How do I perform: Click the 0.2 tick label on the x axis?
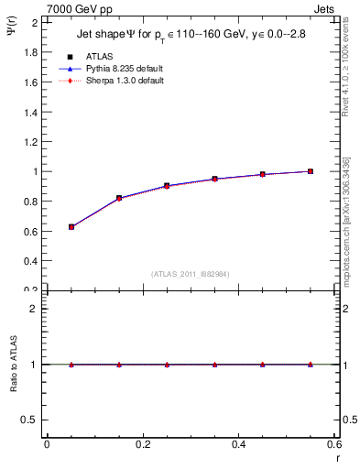point(143,444)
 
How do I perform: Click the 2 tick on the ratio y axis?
point(36,309)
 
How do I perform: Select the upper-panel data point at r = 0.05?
point(71,226)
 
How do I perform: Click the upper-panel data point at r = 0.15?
point(119,198)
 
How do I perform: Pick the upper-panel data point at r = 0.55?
point(311,171)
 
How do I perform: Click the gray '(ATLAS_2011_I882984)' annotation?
point(190,274)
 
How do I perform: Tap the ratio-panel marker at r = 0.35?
point(215,365)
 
